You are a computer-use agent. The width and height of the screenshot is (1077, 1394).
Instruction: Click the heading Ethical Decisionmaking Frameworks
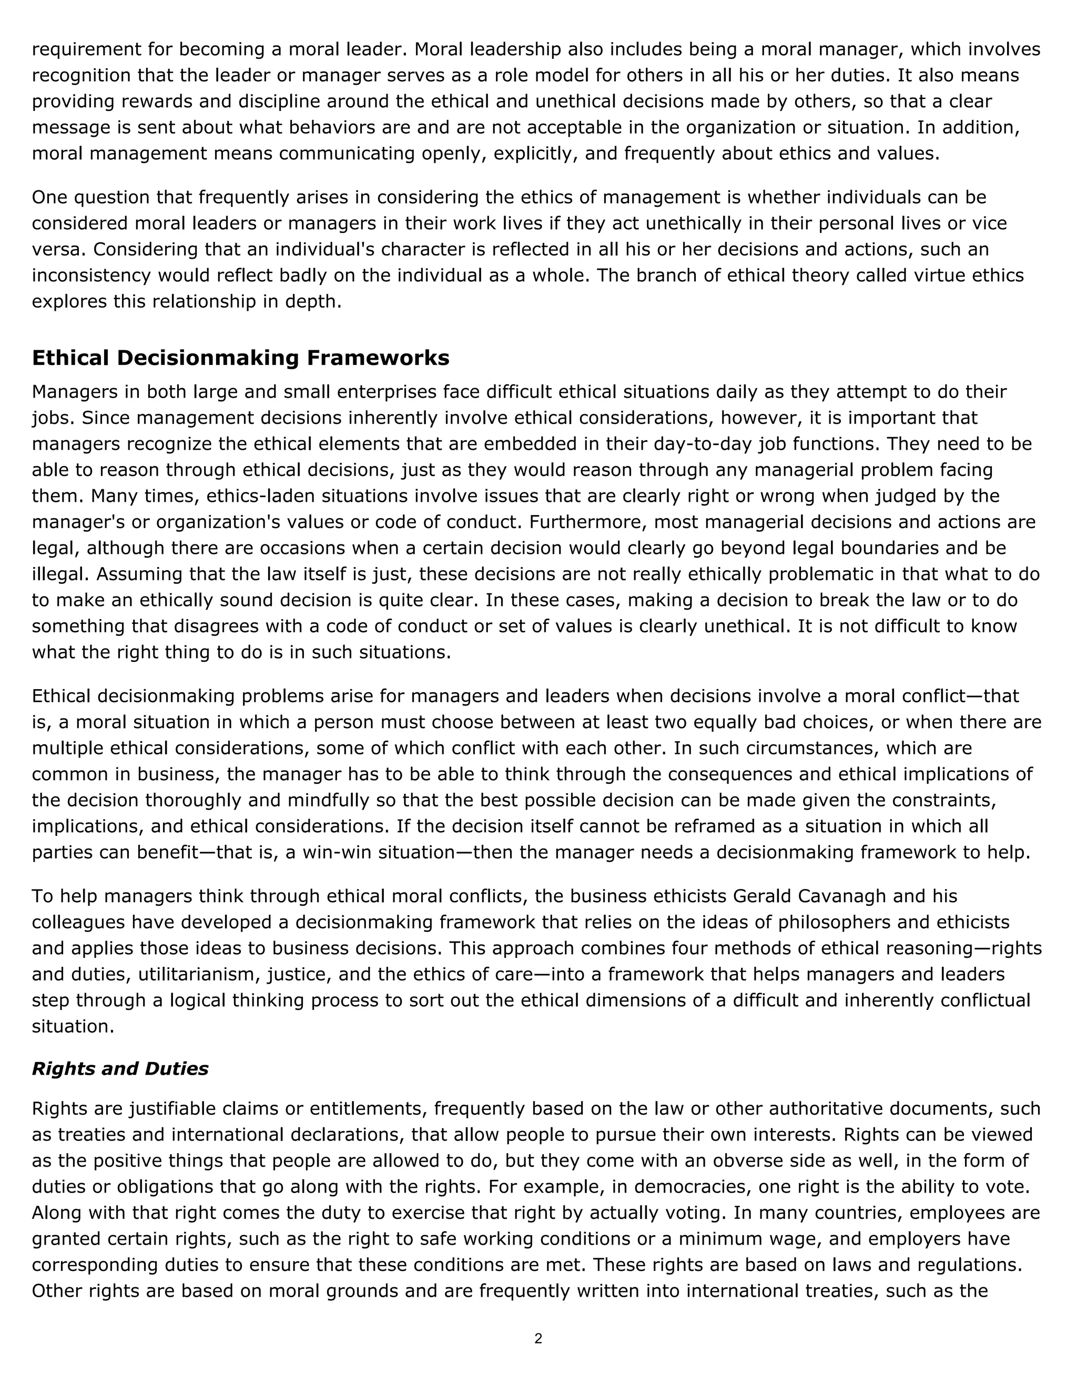click(x=240, y=358)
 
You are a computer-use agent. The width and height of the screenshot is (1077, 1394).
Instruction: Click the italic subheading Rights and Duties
click(x=120, y=1068)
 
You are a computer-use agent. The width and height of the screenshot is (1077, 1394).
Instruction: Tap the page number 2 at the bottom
click(x=538, y=1338)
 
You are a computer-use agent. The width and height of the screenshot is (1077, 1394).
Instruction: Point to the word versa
click(x=56, y=249)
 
